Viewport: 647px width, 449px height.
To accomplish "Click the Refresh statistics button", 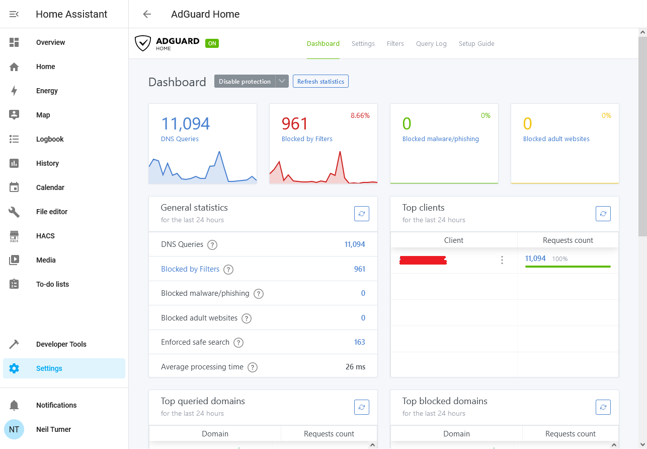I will pyautogui.click(x=320, y=82).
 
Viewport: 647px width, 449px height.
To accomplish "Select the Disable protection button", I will pyautogui.click(x=245, y=82).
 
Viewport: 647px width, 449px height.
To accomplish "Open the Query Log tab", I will pyautogui.click(x=431, y=44).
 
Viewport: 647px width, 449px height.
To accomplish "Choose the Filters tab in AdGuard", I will pyautogui.click(x=395, y=44).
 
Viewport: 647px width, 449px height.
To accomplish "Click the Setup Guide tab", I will pyautogui.click(x=476, y=44).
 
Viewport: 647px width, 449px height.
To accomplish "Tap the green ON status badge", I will pyautogui.click(x=212, y=44).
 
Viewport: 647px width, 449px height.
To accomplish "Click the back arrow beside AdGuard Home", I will pyautogui.click(x=147, y=14).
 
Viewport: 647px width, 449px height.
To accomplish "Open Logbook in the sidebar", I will pyautogui.click(x=50, y=139).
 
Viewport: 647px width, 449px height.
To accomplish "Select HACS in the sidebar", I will pyautogui.click(x=45, y=236).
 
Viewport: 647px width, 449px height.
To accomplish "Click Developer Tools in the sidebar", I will pyautogui.click(x=61, y=344).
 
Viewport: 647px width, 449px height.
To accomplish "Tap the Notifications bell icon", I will pyautogui.click(x=14, y=405).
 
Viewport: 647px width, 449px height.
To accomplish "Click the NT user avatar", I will pyautogui.click(x=14, y=429).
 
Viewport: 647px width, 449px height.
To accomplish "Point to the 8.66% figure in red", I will pyautogui.click(x=360, y=116).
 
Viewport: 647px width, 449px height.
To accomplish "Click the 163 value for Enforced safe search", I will pyautogui.click(x=359, y=342).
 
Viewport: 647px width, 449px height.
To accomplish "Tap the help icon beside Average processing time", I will pyautogui.click(x=253, y=367).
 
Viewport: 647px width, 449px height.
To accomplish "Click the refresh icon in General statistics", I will pyautogui.click(x=361, y=214).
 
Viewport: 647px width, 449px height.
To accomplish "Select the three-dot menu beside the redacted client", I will pyautogui.click(x=502, y=260).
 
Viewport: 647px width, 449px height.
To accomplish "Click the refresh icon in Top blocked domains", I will pyautogui.click(x=603, y=407).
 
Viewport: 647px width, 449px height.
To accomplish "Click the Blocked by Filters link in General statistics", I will pyautogui.click(x=190, y=269).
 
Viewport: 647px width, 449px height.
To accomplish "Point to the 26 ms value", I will pyautogui.click(x=355, y=367).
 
